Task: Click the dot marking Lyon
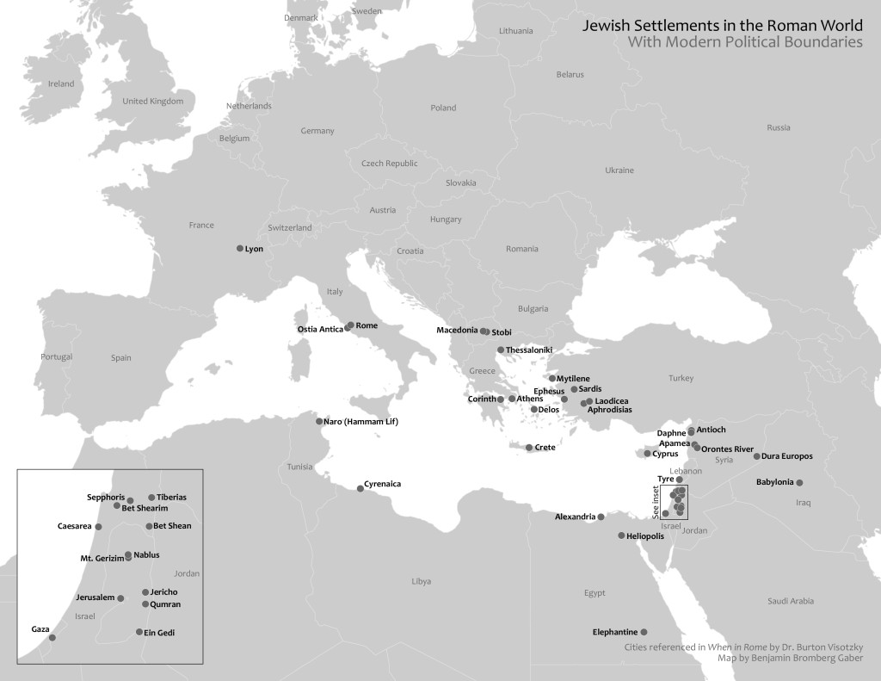click(x=240, y=248)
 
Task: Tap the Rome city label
click(x=367, y=326)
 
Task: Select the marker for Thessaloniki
click(x=501, y=350)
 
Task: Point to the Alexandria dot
click(x=601, y=517)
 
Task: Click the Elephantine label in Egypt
click(x=614, y=632)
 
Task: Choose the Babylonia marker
click(x=800, y=482)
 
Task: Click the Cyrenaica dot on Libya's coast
click(x=360, y=488)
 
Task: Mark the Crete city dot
click(x=529, y=447)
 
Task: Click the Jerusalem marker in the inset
click(x=120, y=597)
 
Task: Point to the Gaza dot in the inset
click(x=52, y=637)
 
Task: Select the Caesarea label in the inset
click(x=75, y=526)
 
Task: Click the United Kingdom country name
click(x=153, y=101)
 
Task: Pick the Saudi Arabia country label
click(x=791, y=601)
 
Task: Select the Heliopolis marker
click(x=621, y=536)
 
